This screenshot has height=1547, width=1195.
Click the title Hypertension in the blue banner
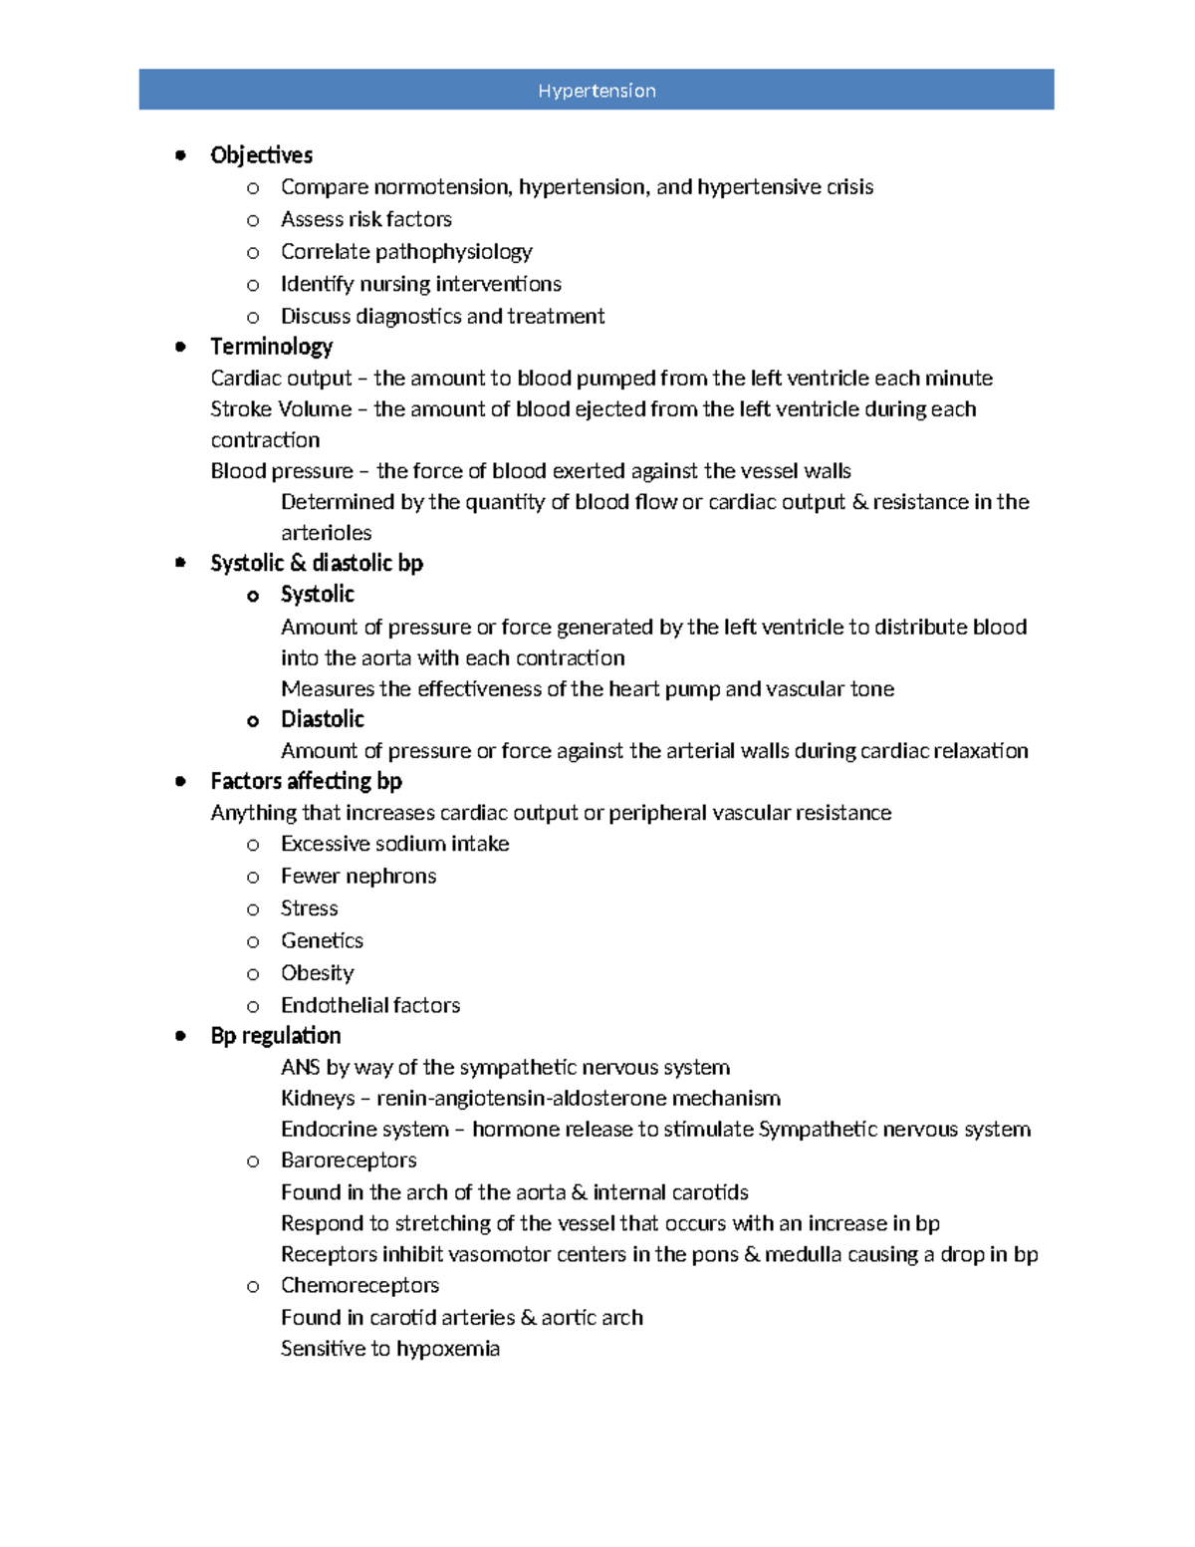pos(597,91)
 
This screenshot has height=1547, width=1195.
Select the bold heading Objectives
pos(261,155)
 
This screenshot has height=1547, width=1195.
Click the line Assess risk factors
pos(365,219)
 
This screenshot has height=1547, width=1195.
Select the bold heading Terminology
pos(271,347)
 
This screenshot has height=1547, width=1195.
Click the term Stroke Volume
pos(281,409)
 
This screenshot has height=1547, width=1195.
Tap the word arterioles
pos(326,533)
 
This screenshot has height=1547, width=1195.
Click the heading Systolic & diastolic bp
pos(317,564)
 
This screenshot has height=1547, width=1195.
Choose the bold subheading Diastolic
pos(322,719)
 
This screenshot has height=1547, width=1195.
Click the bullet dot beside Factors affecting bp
pos(180,781)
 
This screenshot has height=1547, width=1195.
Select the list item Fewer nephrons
pos(358,877)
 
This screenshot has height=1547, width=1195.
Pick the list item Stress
pos(309,908)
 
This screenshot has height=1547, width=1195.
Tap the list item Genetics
pos(322,941)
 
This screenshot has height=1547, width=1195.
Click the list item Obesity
pos(317,973)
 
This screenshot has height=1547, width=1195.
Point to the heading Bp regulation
pos(275,1036)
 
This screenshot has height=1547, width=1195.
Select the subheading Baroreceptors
pos(349,1160)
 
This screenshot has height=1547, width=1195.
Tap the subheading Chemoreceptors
pos(359,1286)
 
